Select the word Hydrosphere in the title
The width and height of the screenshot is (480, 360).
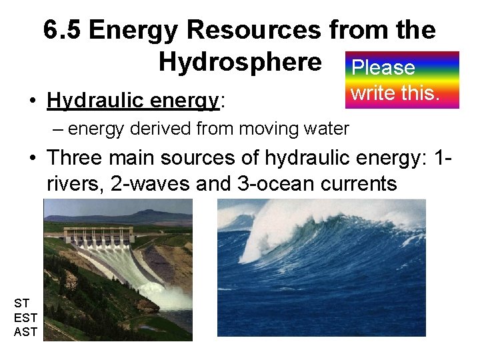(239, 62)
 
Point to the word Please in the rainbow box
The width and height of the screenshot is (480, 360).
(383, 67)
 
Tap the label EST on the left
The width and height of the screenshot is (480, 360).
(25, 317)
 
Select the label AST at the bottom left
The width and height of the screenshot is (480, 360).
(25, 331)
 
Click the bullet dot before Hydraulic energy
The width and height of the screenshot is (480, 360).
(31, 101)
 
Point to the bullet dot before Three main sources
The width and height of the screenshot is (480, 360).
(31, 159)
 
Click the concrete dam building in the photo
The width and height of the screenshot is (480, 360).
(100, 235)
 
